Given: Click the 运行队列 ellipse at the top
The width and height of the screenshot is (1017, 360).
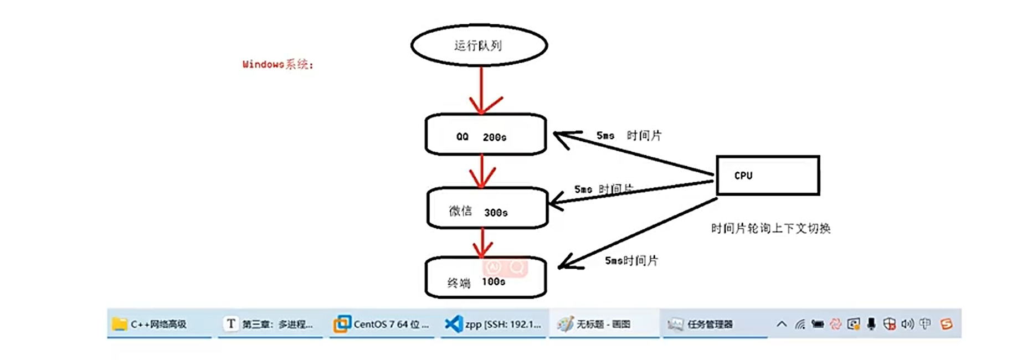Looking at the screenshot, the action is (479, 45).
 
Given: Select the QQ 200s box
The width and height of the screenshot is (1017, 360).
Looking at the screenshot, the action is (485, 135).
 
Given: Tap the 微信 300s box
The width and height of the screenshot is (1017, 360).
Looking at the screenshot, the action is (487, 208).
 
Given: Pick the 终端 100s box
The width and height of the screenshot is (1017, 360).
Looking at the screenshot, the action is (485, 278).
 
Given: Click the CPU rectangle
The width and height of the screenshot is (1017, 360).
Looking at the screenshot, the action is (768, 176).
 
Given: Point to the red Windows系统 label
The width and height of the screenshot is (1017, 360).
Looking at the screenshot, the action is (278, 65).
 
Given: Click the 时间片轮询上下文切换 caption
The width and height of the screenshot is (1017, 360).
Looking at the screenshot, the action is (771, 228).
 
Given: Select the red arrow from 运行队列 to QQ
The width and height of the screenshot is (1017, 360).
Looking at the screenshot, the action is (481, 89).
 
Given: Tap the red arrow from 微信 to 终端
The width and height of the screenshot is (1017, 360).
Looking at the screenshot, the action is (482, 243).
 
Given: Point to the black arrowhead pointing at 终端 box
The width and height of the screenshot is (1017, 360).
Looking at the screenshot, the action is (566, 264).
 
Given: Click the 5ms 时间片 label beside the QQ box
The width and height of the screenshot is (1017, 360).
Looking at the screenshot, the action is (629, 136).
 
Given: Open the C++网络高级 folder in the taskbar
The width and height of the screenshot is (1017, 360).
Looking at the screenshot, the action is (158, 324).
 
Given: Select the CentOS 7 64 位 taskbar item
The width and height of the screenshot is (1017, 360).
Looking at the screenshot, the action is (382, 324).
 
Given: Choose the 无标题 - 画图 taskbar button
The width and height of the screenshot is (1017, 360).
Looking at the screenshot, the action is (602, 324).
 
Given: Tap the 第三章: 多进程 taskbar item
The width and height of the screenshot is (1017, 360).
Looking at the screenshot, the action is (270, 324).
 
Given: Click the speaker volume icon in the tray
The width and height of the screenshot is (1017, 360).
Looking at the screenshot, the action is (907, 324).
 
